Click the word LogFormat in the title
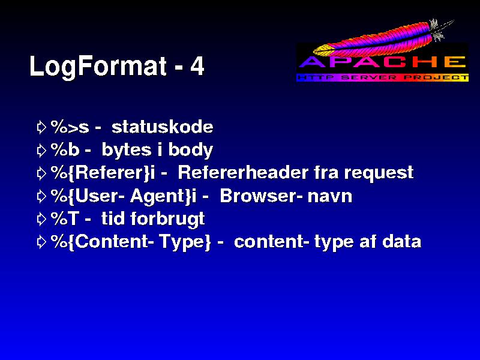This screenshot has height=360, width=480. click(98, 67)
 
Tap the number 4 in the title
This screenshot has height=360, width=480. click(197, 66)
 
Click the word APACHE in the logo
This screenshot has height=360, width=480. click(383, 62)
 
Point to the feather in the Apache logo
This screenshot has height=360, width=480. click(383, 38)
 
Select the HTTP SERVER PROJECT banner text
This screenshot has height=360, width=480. click(383, 77)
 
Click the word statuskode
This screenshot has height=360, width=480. click(162, 127)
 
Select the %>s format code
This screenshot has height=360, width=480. click(70, 127)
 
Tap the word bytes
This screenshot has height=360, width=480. click(127, 151)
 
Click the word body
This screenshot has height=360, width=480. click(190, 151)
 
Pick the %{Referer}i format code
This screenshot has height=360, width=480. click(103, 173)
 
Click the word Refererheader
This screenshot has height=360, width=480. click(243, 173)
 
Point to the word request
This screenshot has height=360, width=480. click(379, 173)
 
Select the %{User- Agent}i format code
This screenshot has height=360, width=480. click(124, 196)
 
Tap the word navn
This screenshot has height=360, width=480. click(330, 197)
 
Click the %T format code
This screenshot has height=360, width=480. click(65, 218)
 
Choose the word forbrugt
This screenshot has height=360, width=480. click(167, 220)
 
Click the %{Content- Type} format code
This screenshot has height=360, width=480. click(131, 242)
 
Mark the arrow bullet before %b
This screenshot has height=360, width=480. click(41, 151)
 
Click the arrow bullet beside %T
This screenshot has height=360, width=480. click(41, 219)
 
